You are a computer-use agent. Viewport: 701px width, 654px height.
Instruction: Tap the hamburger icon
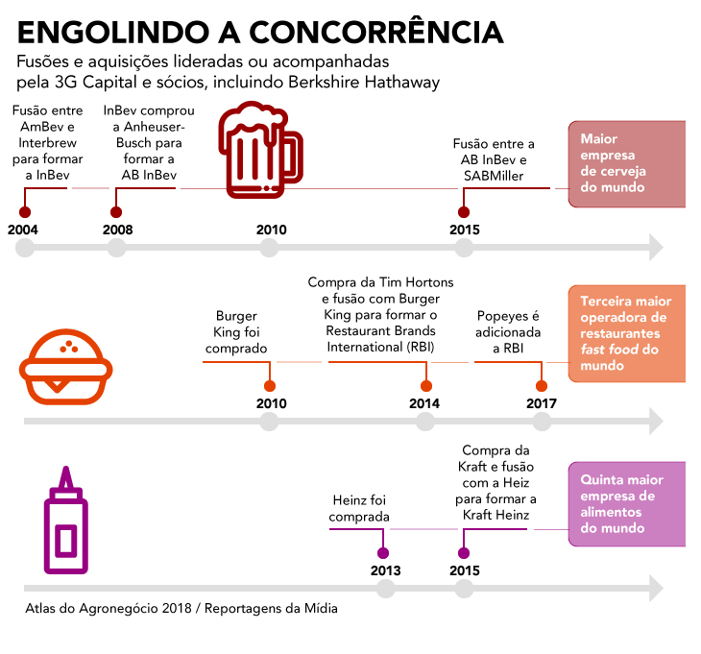pos(65,367)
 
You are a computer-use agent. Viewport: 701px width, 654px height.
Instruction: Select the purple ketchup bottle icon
pos(65,520)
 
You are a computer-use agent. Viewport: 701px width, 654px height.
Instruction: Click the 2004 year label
pos(23,230)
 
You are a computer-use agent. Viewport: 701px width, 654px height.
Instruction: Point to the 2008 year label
pos(117,230)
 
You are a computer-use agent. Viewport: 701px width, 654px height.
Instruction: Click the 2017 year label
pos(542,403)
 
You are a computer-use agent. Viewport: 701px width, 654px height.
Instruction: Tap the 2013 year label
pos(385,570)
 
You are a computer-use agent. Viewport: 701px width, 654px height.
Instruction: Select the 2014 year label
pos(424,403)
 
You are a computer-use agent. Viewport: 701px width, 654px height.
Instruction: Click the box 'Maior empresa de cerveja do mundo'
pos(627,164)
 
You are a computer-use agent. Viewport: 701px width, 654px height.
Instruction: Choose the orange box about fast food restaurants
pos(627,333)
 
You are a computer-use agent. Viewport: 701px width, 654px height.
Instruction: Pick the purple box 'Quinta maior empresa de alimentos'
pos(627,504)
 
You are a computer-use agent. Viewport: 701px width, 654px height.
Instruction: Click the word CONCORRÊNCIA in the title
pos(376,32)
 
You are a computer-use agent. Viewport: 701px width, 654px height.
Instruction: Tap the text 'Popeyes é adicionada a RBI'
pos(508,332)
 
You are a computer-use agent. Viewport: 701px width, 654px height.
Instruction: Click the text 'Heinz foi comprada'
pos(359,508)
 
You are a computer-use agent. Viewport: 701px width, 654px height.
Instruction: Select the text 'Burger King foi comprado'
pos(236,332)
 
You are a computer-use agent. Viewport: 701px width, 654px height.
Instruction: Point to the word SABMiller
pos(494,176)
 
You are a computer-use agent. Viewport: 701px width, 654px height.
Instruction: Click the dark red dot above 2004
pos(25,212)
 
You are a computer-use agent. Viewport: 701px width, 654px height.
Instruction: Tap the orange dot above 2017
pos(542,386)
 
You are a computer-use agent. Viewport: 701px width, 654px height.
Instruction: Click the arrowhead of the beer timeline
pos(656,247)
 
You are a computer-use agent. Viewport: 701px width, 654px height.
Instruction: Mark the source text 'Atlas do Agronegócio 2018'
pos(109,609)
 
